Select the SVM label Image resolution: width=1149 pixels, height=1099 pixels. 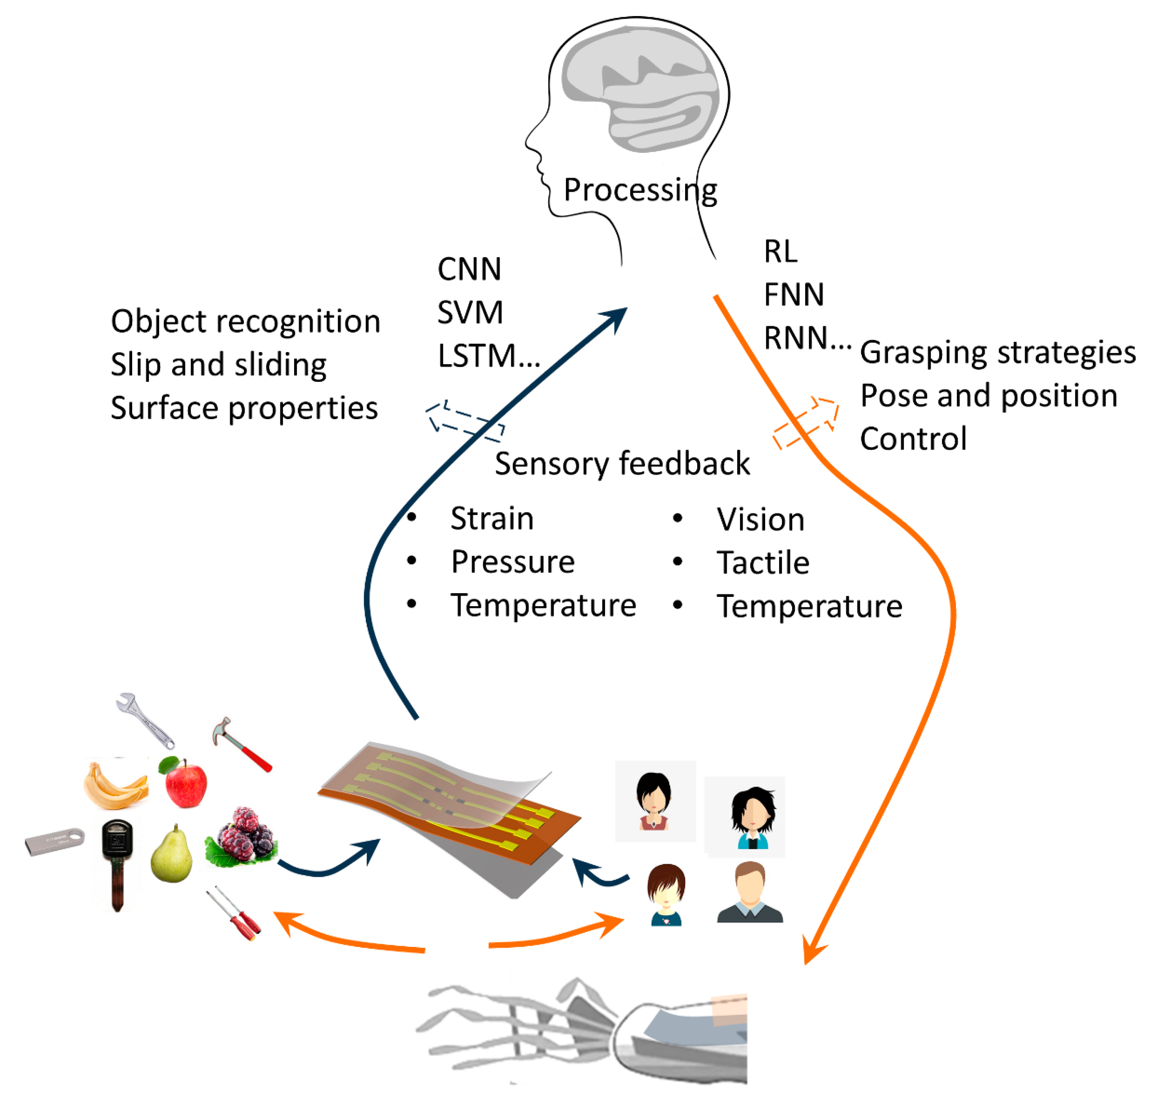pyautogui.click(x=470, y=312)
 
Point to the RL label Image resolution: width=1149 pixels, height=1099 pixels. pyautogui.click(x=780, y=251)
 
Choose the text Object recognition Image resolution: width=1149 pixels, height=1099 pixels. pyautogui.click(x=245, y=321)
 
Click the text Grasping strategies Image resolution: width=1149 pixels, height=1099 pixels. pyautogui.click(x=997, y=352)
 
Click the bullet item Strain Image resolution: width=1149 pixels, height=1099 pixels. pyautogui.click(x=492, y=518)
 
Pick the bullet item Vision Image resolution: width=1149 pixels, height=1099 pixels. pyautogui.click(x=760, y=520)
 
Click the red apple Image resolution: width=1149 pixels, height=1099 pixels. pyautogui.click(x=185, y=782)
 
